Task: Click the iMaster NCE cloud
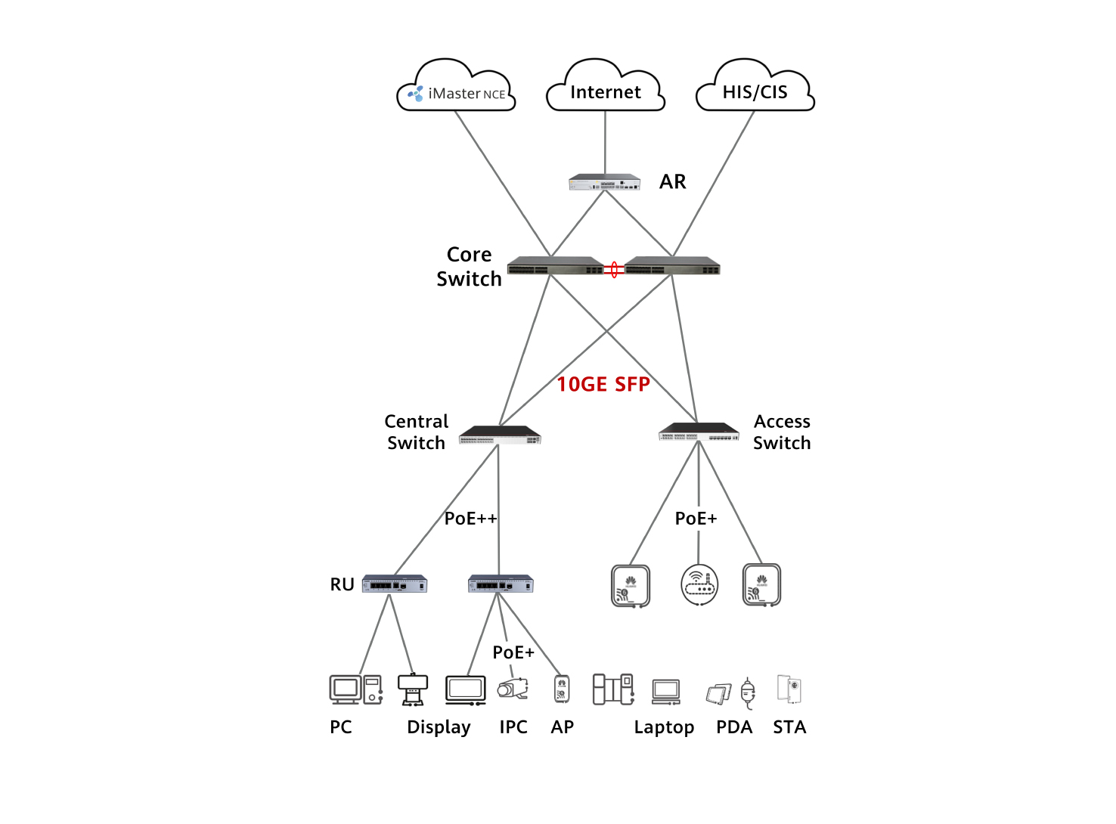456,89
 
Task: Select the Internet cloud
605,89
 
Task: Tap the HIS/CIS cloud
755,89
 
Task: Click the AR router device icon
604,182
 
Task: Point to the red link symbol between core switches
614,269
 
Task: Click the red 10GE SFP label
603,385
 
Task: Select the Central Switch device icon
500,435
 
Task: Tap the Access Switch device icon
699,432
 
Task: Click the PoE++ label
470,519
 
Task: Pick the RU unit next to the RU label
395,584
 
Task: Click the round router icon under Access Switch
699,584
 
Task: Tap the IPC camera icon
513,689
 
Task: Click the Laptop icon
666,691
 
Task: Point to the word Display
439,727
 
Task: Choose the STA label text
789,727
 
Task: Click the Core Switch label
469,267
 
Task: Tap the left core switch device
555,267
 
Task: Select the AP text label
563,727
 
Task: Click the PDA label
734,727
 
